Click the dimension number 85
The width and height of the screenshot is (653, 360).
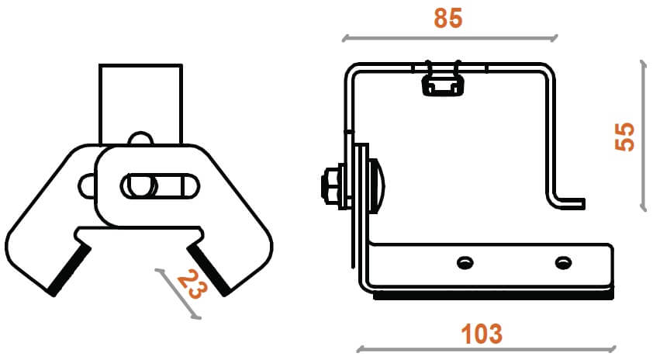[x=448, y=18]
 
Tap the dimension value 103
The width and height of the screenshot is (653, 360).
[x=482, y=334]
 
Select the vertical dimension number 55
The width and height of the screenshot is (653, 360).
[x=624, y=137]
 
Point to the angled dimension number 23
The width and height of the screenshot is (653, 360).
[x=192, y=284]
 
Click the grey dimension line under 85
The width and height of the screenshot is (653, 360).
[x=450, y=39]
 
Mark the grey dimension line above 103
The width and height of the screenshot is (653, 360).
[x=486, y=348]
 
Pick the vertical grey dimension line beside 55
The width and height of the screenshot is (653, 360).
[x=644, y=136]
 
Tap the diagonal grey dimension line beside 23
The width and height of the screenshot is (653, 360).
[x=178, y=294]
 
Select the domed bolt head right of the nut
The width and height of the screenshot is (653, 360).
[x=378, y=186]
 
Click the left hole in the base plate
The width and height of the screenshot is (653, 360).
[x=465, y=262]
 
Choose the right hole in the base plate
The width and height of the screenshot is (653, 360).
[x=563, y=262]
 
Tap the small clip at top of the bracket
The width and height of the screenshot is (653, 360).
[x=443, y=81]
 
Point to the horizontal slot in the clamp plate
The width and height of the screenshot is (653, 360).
[x=160, y=186]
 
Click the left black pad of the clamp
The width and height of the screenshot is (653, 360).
[x=70, y=269]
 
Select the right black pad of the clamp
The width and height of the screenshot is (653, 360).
[x=208, y=270]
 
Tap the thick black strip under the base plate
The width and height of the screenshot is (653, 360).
[x=493, y=296]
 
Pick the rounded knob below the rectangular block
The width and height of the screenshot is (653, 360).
[x=141, y=138]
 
